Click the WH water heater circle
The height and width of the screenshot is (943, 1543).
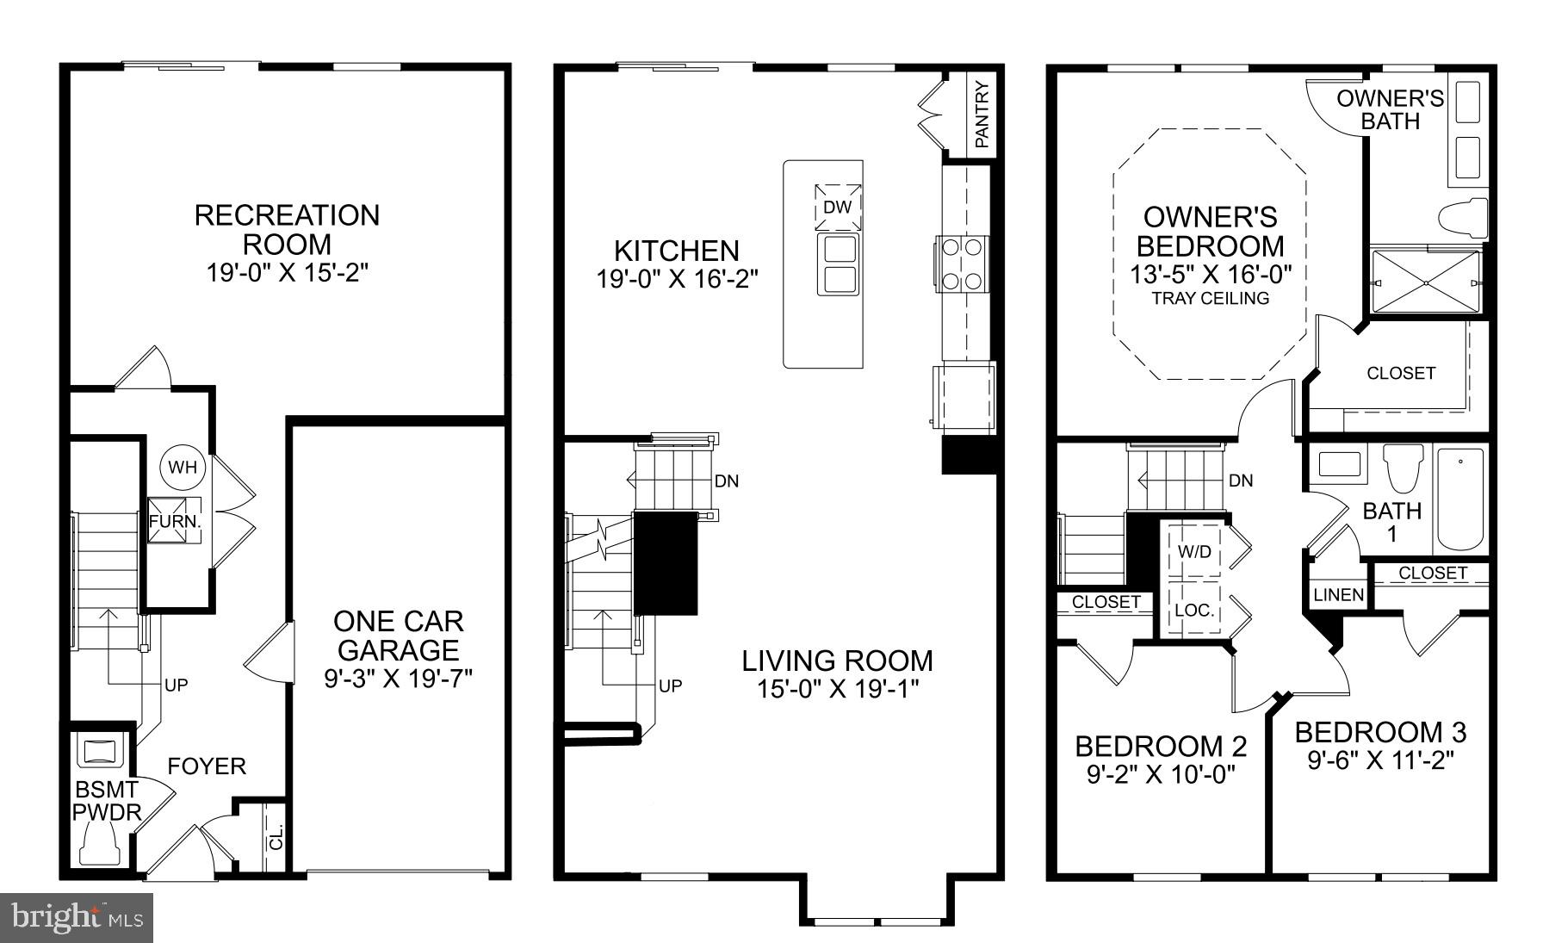(183, 468)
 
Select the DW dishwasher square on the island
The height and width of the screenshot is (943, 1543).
(837, 208)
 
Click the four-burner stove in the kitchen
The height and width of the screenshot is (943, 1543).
(962, 264)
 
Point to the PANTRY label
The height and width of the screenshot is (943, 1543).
(982, 113)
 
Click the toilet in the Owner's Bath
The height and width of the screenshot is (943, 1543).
(1464, 216)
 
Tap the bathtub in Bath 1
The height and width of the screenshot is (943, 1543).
(1461, 499)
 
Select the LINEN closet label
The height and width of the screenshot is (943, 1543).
(1338, 595)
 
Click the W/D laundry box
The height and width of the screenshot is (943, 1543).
(1194, 551)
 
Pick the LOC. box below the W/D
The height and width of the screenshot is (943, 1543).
(1194, 610)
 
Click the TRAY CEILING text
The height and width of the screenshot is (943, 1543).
(1210, 299)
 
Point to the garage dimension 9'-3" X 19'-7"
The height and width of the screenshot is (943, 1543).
(398, 679)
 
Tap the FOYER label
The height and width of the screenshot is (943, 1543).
(207, 766)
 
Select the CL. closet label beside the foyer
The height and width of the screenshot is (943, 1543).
(276, 838)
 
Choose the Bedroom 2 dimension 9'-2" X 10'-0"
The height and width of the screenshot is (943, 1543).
(1161, 774)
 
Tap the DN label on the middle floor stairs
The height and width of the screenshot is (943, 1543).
(726, 481)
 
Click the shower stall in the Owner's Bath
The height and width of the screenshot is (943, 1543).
(1425, 282)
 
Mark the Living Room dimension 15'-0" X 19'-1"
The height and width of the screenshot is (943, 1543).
(838, 689)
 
